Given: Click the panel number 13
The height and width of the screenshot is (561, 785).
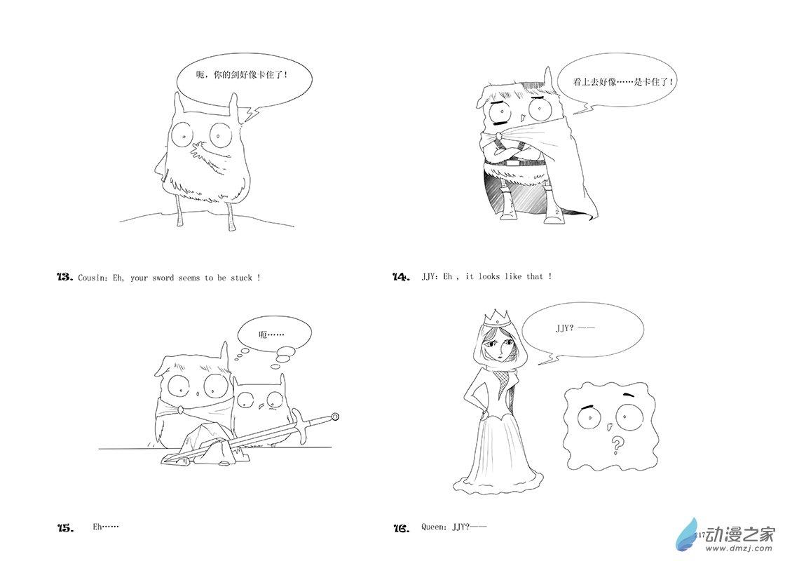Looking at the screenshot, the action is pyautogui.click(x=66, y=278).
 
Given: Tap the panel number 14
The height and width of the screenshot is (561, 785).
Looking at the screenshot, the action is pyautogui.click(x=402, y=276).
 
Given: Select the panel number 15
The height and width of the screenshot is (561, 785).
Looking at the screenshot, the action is pyautogui.click(x=66, y=527).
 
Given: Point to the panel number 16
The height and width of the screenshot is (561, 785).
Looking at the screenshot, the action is pyautogui.click(x=402, y=527).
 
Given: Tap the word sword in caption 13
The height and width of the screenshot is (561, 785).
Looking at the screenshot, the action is pyautogui.click(x=163, y=278).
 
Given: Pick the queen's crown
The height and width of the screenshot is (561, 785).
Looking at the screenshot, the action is pyautogui.click(x=497, y=318).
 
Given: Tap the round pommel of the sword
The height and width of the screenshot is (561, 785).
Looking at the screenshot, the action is pyautogui.click(x=335, y=416).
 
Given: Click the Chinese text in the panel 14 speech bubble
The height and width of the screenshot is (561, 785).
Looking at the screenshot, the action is pyautogui.click(x=623, y=81).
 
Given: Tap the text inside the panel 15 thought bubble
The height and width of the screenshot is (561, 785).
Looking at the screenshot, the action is pyautogui.click(x=271, y=334).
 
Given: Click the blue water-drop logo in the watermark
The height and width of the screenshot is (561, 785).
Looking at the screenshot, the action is pyautogui.click(x=687, y=533).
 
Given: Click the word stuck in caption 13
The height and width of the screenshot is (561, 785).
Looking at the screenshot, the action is pyautogui.click(x=241, y=278).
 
